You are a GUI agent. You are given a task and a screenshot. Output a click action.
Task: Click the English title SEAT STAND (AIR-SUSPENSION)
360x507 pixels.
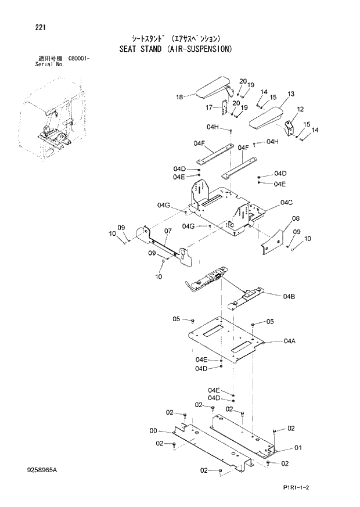point(177,49)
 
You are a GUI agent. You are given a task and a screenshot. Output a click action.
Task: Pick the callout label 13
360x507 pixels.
point(290,94)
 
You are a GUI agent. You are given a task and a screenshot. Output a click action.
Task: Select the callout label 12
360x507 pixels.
point(300,109)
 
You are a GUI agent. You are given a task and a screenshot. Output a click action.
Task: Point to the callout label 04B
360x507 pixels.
point(289,297)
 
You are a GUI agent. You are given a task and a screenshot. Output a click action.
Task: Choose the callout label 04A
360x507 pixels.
point(290,341)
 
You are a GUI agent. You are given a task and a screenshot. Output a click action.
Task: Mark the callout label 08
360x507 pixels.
point(296,219)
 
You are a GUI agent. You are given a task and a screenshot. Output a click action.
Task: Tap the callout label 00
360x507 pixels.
point(153,430)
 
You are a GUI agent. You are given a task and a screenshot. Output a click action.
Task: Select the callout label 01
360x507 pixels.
point(298,447)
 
